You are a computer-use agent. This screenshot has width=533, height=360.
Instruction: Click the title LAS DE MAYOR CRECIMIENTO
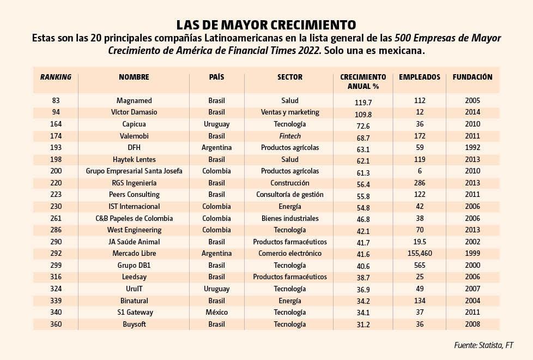(266, 25)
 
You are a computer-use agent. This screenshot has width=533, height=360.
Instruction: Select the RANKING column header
(56, 77)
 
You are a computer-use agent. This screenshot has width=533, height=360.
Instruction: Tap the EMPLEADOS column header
(420, 77)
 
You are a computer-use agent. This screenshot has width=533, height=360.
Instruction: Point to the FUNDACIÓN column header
(473, 77)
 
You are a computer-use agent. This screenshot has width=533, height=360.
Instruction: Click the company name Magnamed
(134, 100)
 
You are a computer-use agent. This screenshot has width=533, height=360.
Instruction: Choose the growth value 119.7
(363, 103)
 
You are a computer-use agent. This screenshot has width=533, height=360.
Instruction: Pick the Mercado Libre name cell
(134, 253)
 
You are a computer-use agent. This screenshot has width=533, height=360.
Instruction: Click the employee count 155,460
(420, 253)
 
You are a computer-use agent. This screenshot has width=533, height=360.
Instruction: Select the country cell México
(216, 312)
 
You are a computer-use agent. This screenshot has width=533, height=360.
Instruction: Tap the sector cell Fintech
(290, 136)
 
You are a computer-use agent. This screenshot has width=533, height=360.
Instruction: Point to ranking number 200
(56, 171)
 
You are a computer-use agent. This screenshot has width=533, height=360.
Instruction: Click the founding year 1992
(473, 147)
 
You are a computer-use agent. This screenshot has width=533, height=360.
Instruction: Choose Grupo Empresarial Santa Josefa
(134, 171)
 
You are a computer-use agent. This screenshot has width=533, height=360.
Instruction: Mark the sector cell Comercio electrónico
(290, 253)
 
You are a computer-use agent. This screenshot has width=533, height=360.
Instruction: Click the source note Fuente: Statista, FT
(484, 345)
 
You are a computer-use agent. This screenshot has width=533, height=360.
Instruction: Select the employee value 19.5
(420, 242)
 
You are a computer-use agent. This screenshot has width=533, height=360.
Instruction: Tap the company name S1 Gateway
(135, 312)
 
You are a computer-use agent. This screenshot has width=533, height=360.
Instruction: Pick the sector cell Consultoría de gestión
(290, 194)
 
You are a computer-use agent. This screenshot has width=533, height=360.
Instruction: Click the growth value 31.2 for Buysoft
(363, 325)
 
